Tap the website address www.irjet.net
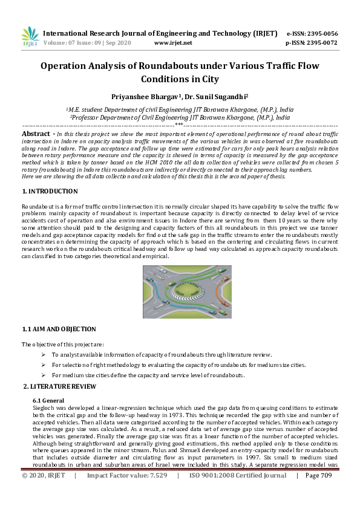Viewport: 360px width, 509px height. click(x=173, y=43)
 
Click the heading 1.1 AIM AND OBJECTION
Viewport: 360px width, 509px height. click(x=59, y=329)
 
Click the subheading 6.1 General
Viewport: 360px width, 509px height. click(x=50, y=400)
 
